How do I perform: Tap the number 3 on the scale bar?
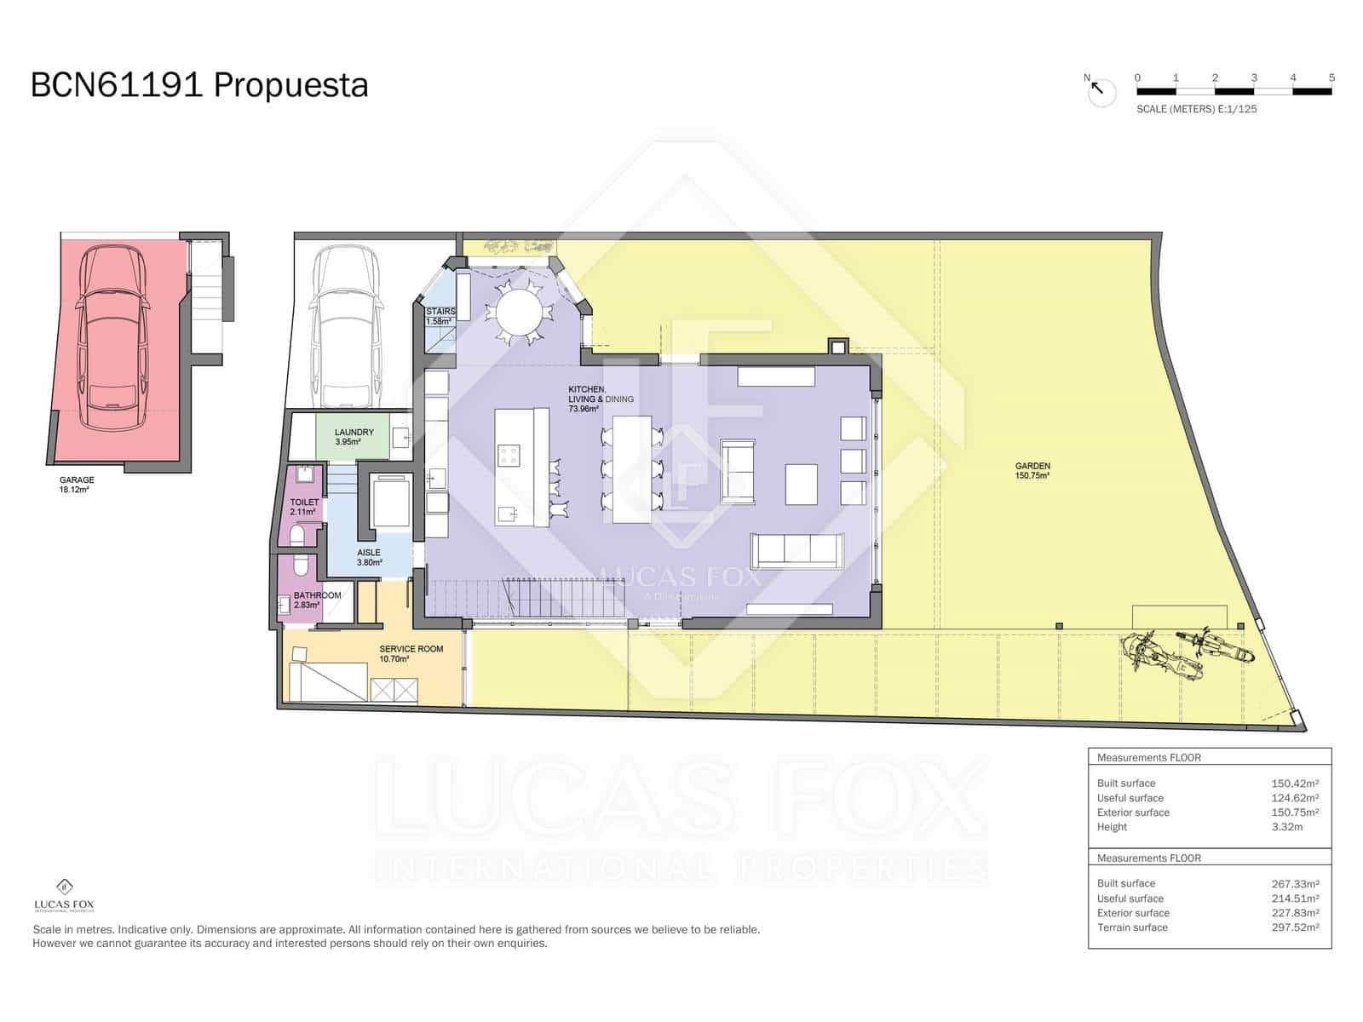(x=1254, y=78)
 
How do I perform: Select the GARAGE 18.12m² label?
(x=77, y=485)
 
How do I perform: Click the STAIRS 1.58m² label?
(x=440, y=316)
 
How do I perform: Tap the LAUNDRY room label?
(x=354, y=437)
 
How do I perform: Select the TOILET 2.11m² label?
(x=304, y=507)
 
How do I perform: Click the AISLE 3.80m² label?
(x=369, y=557)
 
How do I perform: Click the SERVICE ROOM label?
(x=411, y=653)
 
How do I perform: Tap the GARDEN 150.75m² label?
(x=1032, y=470)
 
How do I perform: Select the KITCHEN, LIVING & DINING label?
(x=600, y=399)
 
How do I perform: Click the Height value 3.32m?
(x=1286, y=827)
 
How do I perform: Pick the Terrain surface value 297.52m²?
(x=1295, y=927)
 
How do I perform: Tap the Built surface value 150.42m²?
(x=1295, y=784)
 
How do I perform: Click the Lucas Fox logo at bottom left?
(x=64, y=894)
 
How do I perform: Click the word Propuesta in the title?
(x=290, y=85)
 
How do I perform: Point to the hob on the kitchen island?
(x=509, y=456)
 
